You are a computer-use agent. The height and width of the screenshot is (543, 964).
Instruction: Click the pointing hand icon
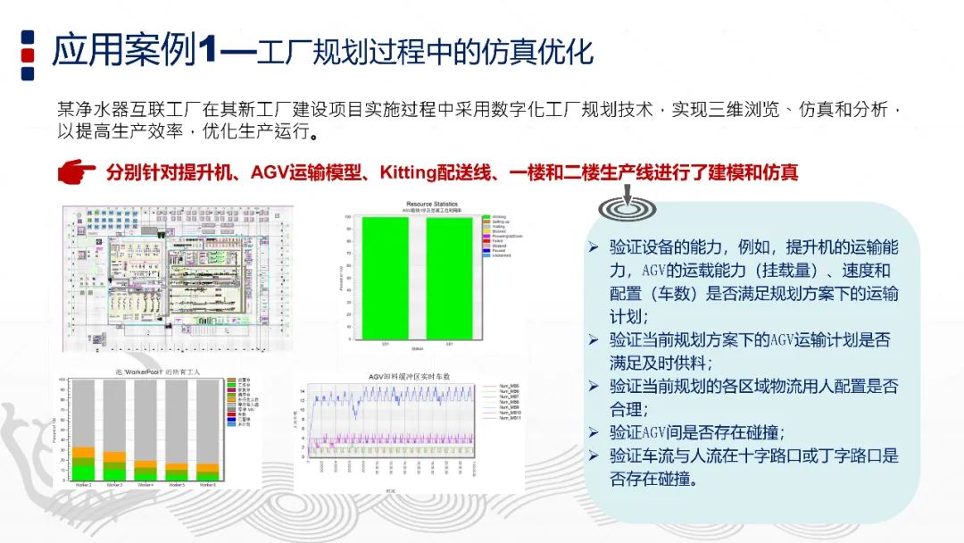tap(77, 171)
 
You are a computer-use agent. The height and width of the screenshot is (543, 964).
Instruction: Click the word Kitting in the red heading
tap(408, 171)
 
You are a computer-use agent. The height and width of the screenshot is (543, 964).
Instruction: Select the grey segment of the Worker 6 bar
tap(206, 420)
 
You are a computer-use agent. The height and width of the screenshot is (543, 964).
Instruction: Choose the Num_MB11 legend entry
tap(505, 419)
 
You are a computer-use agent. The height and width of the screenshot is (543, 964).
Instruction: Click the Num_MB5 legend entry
tap(505, 387)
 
